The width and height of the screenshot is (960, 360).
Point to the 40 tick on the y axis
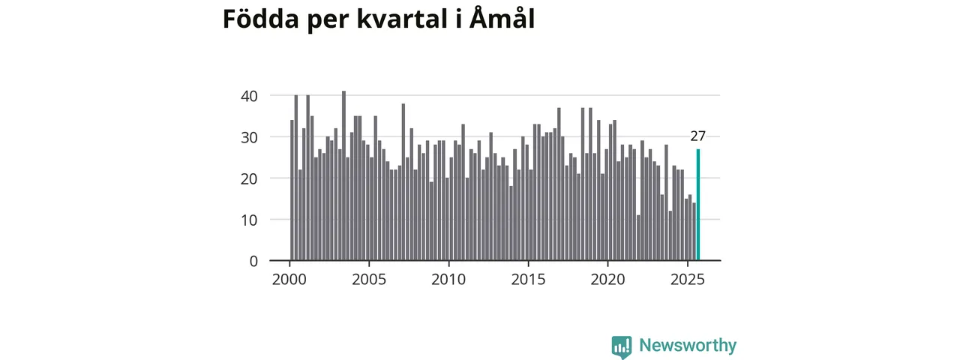249,96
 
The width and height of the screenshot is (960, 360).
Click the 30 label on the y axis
249,137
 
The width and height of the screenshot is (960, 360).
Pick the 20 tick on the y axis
249,178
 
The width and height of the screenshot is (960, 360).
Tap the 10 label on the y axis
249,220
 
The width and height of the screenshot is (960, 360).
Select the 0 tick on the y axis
253,261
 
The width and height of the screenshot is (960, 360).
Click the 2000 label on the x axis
289,280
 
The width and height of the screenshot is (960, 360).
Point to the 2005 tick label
369,280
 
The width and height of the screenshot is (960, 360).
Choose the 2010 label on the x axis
448,280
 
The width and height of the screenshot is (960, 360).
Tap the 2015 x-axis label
528,280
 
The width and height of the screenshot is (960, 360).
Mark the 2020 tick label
607,280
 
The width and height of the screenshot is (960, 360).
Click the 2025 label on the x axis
687,280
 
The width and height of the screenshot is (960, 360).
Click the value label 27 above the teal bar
698,136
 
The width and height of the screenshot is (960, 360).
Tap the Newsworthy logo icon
622,346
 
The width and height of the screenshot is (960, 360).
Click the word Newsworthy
688,346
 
